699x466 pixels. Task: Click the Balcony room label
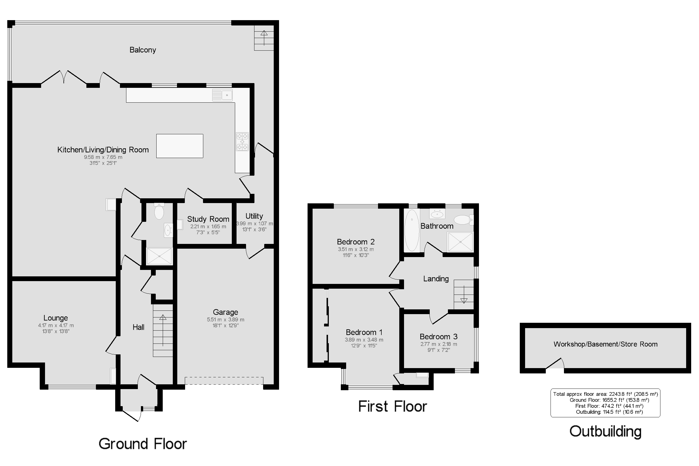click(x=143, y=50)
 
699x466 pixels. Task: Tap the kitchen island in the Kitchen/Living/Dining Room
click(x=180, y=146)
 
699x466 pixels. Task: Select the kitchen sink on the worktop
click(x=222, y=95)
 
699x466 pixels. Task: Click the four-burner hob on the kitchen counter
click(x=242, y=142)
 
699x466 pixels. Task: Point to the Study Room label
click(x=208, y=219)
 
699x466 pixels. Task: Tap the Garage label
click(x=225, y=312)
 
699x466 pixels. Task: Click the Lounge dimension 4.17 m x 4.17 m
click(x=56, y=325)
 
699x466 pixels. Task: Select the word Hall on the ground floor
click(x=138, y=327)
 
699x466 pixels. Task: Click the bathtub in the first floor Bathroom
click(x=412, y=230)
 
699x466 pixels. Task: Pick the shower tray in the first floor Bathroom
click(x=460, y=242)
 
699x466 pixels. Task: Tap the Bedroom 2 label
click(x=356, y=242)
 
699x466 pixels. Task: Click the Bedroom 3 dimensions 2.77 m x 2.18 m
click(x=438, y=344)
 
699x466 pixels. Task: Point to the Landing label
click(x=436, y=279)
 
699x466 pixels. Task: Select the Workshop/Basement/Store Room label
click(x=605, y=344)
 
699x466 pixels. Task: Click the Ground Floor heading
click(x=143, y=444)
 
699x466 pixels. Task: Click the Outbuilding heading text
click(x=605, y=432)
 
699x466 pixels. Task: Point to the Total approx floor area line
click(x=605, y=394)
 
